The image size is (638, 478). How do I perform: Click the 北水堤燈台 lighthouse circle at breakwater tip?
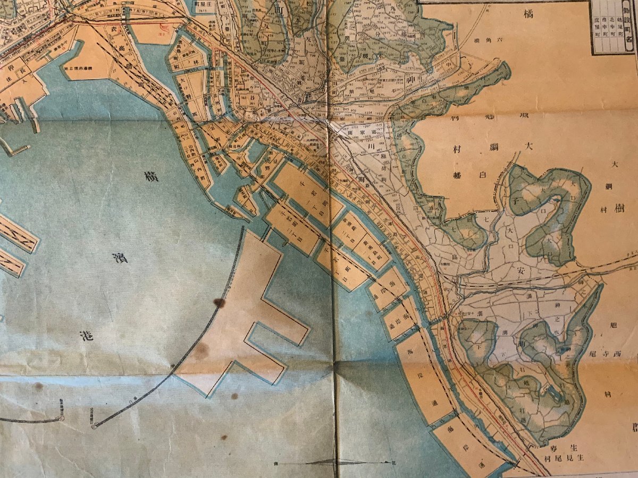[94, 426]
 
